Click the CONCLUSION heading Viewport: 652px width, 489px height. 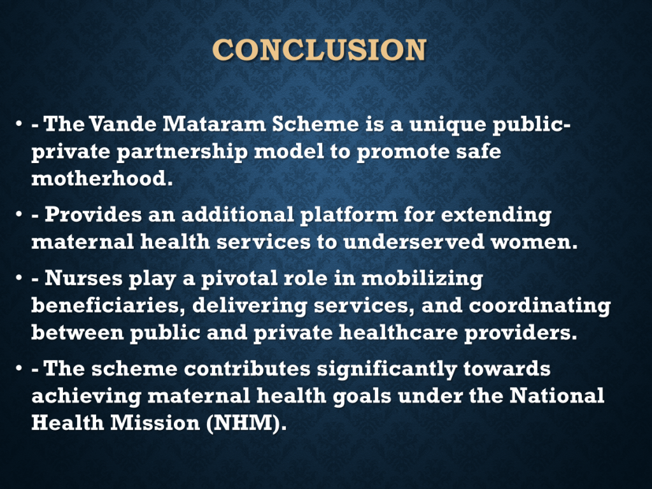coord(320,50)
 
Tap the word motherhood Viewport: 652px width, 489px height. coord(102,178)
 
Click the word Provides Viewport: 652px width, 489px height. coord(93,214)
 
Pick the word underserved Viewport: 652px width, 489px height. coord(414,241)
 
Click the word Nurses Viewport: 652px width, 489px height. coord(83,278)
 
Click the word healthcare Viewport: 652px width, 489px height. coord(399,332)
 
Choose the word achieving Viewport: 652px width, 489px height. coord(86,396)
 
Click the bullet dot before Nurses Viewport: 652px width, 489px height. coord(18,278)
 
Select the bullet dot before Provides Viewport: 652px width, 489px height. coord(18,214)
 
